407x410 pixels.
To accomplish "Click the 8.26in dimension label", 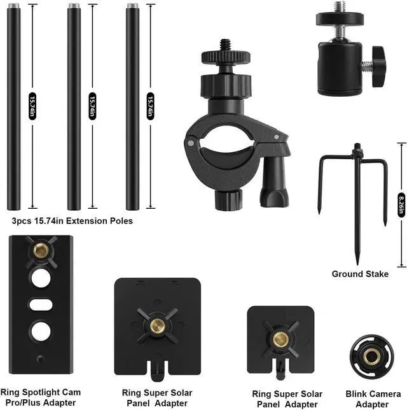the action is tap(401, 205).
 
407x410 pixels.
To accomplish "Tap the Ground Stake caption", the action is tap(360, 274).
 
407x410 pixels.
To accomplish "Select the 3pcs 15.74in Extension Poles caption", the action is tap(72, 221).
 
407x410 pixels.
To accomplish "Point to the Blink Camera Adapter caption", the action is tap(373, 399).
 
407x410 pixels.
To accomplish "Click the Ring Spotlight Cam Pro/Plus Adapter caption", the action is tap(41, 397).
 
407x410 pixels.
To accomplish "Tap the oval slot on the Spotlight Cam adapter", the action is tap(41, 304).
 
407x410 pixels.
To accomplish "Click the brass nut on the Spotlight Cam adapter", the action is tap(41, 251).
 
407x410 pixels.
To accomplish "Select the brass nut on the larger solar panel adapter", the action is tap(156, 325).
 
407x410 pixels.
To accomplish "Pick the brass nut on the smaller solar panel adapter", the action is tap(280, 340).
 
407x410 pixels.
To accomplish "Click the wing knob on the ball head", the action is tap(378, 66).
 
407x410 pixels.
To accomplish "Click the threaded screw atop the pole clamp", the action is tap(226, 45).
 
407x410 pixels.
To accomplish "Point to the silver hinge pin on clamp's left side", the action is tap(191, 143).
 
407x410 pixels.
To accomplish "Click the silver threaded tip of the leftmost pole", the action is tap(14, 6).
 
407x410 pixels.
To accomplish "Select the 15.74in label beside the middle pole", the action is tap(92, 106).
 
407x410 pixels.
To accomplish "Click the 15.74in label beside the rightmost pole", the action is tap(150, 106).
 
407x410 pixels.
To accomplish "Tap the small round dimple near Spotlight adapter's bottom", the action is tap(40, 358).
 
